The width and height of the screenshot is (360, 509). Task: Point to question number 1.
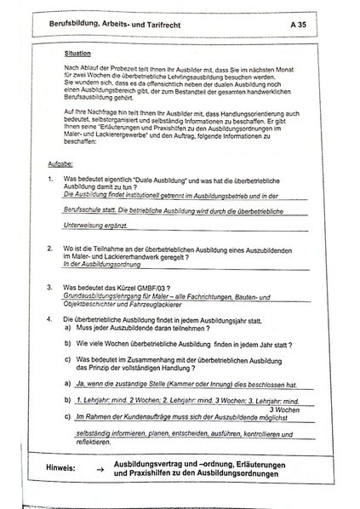pos(51,180)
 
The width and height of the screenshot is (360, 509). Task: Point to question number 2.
pos(51,248)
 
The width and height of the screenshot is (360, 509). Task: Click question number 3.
pos(51,287)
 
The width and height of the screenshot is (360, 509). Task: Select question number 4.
pos(51,317)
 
